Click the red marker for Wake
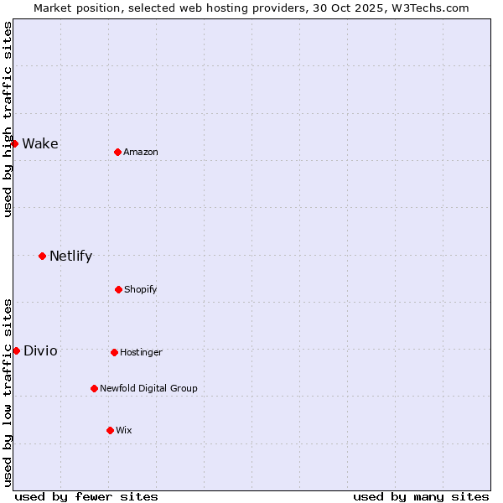14,143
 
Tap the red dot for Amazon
117,152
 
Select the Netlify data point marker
42,256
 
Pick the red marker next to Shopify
118,289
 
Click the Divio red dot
16,350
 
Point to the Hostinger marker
114,352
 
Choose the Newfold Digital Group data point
94,388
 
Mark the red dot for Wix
110,430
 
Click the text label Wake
40,143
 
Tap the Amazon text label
141,152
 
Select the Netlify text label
70,256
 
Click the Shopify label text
141,289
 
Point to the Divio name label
40,350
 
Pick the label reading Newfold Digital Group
148,388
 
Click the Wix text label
124,430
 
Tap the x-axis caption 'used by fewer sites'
86,496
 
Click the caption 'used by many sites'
421,496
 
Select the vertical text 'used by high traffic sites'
8,119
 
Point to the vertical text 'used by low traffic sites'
8,392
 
